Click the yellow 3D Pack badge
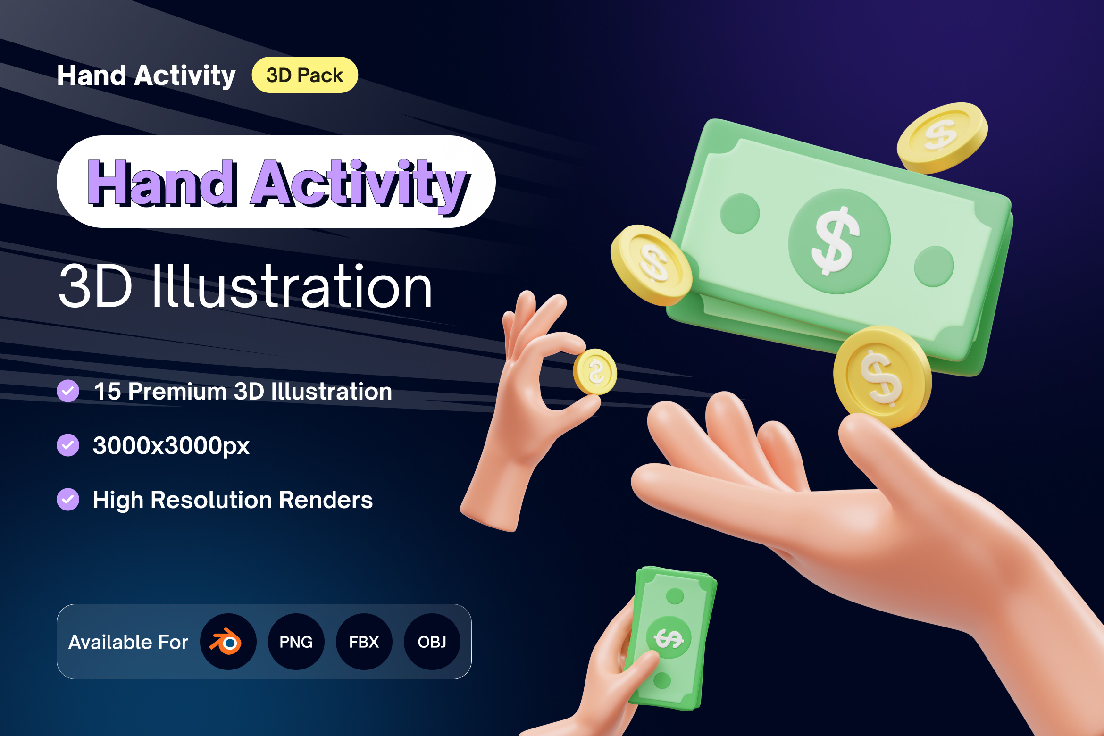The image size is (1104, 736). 305,75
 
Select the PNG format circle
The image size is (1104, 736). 296,642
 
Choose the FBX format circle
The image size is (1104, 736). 364,642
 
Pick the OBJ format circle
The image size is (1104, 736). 432,642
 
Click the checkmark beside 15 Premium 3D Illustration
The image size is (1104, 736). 68,391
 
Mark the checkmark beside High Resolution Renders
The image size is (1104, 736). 68,500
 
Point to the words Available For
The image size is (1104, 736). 128,642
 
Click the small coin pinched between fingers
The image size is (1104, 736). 595,372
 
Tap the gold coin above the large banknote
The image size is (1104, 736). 942,137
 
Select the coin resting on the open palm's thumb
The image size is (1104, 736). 882,377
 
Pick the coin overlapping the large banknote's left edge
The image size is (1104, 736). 651,265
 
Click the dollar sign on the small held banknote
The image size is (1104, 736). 669,638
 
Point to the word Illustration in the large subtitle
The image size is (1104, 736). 292,286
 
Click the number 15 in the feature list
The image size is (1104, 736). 108,392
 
